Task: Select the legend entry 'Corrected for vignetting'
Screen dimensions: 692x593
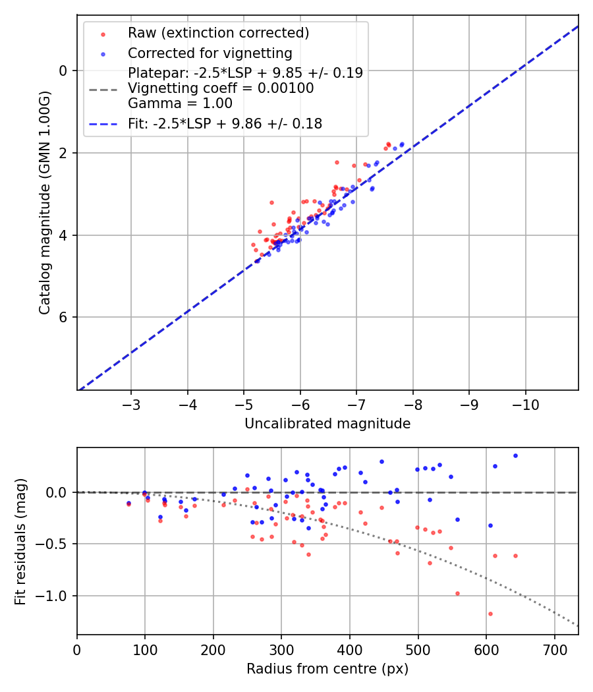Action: [x=210, y=53]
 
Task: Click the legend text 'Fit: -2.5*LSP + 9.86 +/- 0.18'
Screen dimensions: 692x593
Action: [x=225, y=123]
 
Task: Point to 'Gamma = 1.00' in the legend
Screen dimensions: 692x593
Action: [x=180, y=103]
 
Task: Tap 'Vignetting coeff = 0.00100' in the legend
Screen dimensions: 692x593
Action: [x=221, y=88]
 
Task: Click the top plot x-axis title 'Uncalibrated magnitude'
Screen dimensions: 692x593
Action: [x=327, y=424]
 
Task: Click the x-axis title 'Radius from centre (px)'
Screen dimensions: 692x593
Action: [x=327, y=669]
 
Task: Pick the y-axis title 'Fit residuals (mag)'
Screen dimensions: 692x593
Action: [x=20, y=541]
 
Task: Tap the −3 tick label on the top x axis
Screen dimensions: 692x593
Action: [x=131, y=403]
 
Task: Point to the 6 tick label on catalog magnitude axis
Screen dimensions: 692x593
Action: [x=64, y=318]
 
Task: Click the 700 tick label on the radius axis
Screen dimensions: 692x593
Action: [x=554, y=649]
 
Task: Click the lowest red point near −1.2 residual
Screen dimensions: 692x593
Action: [x=490, y=614]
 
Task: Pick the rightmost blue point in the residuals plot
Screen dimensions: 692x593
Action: [x=515, y=455]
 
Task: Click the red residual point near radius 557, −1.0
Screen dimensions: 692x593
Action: [x=457, y=593]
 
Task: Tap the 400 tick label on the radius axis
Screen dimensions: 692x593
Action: [x=350, y=649]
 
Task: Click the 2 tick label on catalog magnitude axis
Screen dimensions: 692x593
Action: [x=64, y=153]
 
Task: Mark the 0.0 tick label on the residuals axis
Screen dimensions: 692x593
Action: [x=59, y=492]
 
